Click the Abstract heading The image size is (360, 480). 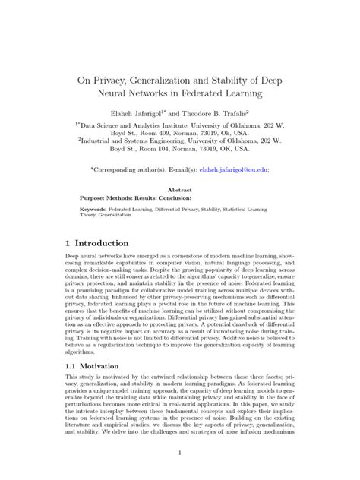179,191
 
